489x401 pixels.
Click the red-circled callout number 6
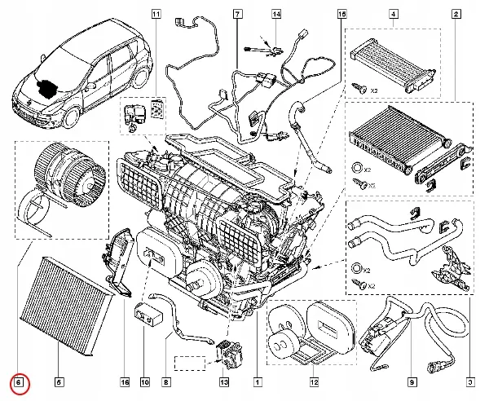pos(20,381)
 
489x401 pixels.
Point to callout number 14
pos(276,15)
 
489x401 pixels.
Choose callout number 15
pos(341,15)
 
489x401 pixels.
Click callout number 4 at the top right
pos(393,15)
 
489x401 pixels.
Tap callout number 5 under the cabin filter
pos(59,381)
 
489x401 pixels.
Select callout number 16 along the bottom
pos(125,381)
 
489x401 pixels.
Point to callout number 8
pos(166,381)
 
